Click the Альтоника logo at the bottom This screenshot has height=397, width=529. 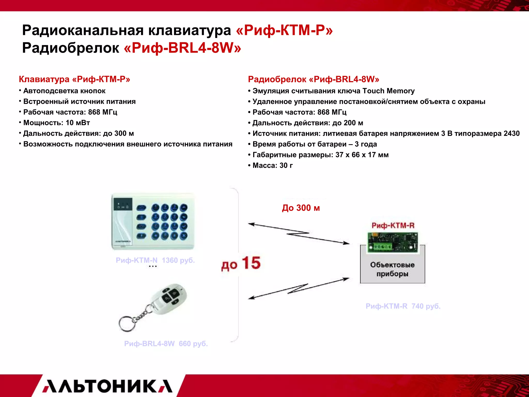(107, 386)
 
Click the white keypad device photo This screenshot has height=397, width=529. (153, 222)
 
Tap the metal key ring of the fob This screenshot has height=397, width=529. (127, 323)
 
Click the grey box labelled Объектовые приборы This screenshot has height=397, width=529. (392, 269)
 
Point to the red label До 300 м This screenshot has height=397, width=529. (301, 208)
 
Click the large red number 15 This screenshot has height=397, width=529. (251, 263)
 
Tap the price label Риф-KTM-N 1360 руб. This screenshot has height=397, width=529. (155, 260)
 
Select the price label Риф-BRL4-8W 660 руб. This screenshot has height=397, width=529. (166, 344)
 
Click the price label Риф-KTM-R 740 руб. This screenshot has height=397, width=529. (403, 306)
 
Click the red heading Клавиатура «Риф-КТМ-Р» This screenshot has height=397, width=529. (74, 79)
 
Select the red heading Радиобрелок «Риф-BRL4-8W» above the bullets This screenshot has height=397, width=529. (314, 79)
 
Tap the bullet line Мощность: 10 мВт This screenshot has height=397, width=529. (57, 123)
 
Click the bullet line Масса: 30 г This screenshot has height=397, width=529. (273, 165)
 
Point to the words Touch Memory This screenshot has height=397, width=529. (388, 91)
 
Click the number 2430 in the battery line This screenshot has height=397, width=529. (511, 134)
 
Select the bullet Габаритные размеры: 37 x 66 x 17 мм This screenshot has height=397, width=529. (320, 155)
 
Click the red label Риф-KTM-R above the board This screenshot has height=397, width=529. (393, 226)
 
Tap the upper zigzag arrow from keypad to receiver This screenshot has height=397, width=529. (299, 234)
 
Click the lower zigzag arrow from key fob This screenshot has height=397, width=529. (299, 288)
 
